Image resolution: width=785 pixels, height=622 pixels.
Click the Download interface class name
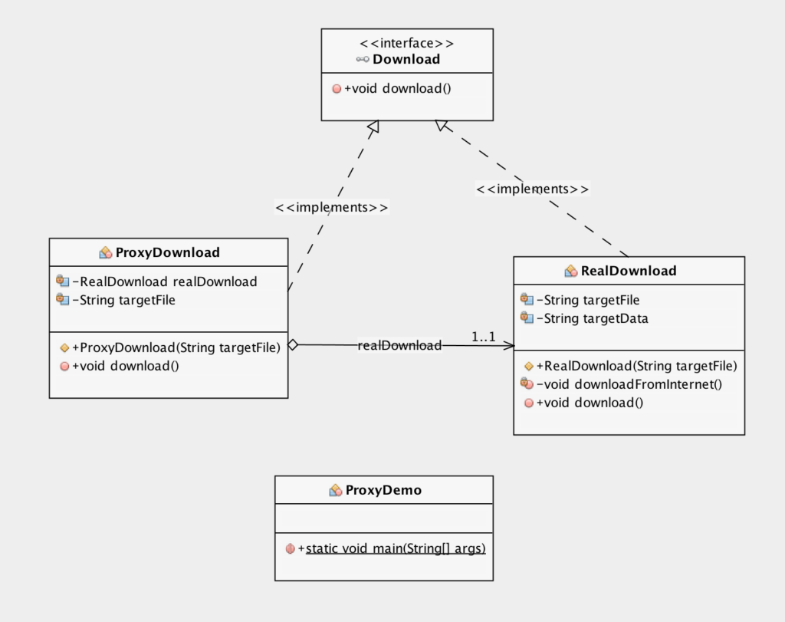pos(406,59)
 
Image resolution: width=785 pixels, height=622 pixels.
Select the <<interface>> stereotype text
pos(406,43)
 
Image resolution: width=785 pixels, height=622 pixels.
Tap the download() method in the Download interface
pos(398,89)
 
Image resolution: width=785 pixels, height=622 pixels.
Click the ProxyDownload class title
pos(167,252)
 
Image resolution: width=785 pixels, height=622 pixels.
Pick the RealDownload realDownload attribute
pos(165,281)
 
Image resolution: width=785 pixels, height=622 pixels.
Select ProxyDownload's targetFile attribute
pos(124,300)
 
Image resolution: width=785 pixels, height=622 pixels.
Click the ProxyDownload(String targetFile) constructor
pos(176,347)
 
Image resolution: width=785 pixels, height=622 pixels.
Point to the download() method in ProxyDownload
pos(126,366)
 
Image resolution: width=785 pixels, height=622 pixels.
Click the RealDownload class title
pos(629,271)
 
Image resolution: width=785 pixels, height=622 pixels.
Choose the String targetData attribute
pos(593,318)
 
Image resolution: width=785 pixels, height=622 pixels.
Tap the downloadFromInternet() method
pos(629,384)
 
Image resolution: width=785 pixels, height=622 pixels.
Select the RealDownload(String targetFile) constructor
pos(637,366)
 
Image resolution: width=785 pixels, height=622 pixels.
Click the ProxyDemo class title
pos(383,490)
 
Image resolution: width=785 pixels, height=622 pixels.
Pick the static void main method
pos(392,548)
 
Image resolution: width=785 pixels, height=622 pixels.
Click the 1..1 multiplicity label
pos(483,337)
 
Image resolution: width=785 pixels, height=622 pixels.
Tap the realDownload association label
pos(399,345)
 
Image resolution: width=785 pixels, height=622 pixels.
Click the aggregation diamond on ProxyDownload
pos(293,345)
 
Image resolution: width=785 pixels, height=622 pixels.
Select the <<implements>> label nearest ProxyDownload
pos(332,207)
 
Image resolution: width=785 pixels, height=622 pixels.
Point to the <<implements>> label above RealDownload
pos(533,189)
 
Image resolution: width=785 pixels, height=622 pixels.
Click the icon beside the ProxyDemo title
pos(336,490)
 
